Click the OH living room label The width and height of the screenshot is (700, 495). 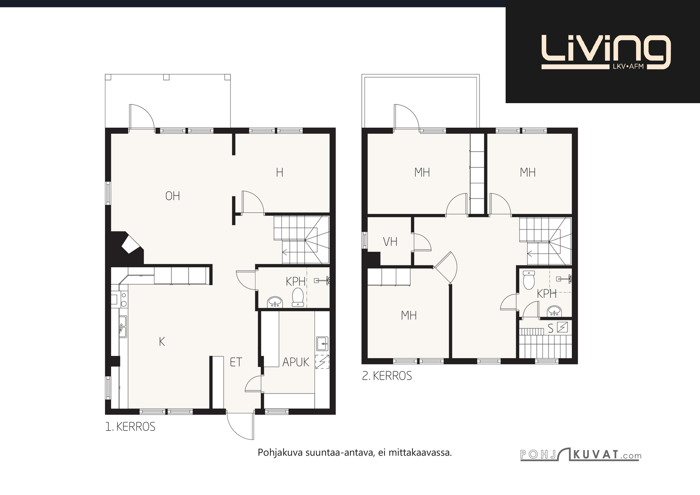172,196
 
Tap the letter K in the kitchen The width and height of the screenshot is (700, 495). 162,342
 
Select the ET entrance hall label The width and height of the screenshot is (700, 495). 236,362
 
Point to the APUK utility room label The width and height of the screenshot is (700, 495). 296,362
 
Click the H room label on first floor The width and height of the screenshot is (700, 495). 280,172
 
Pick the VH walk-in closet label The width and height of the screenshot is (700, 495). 390,242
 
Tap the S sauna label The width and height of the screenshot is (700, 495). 551,328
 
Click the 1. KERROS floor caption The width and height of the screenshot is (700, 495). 130,427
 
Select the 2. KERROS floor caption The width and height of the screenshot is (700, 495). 387,376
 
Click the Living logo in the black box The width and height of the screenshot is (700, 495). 606,52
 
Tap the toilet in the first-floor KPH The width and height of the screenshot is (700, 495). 298,297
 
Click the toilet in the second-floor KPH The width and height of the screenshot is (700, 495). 529,280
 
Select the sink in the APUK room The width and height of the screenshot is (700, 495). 322,344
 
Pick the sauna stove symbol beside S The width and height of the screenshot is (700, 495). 563,327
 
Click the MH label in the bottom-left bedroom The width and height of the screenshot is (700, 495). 409,316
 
